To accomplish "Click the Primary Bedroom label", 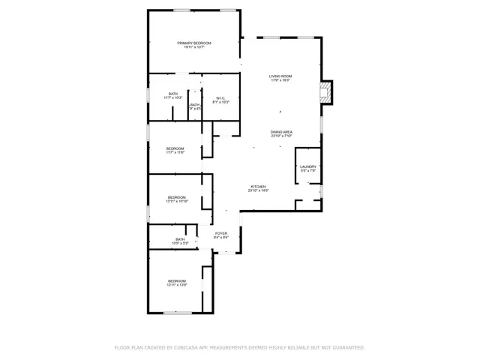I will click(x=194, y=43).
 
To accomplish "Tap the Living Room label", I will click(x=280, y=76).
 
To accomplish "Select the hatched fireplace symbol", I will click(x=325, y=92).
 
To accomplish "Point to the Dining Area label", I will click(x=281, y=132).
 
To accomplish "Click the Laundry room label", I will click(x=308, y=166).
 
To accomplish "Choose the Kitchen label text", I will click(x=258, y=186).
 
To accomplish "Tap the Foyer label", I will click(x=221, y=233).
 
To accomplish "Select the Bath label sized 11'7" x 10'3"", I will click(x=173, y=94).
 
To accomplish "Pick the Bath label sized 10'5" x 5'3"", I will click(x=180, y=239).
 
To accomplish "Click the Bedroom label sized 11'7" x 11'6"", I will click(x=175, y=148).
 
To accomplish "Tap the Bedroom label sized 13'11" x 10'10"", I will click(x=177, y=197).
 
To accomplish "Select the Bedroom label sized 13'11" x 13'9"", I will click(x=177, y=280).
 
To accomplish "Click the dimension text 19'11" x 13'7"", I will click(x=194, y=48).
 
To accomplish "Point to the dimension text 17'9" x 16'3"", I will click(x=280, y=81).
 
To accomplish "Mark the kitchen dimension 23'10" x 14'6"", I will click(x=258, y=190).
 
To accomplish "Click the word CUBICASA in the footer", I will click(x=187, y=347).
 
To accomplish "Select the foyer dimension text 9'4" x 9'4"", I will click(x=221, y=238).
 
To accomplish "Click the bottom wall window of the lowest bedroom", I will click(x=178, y=313).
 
